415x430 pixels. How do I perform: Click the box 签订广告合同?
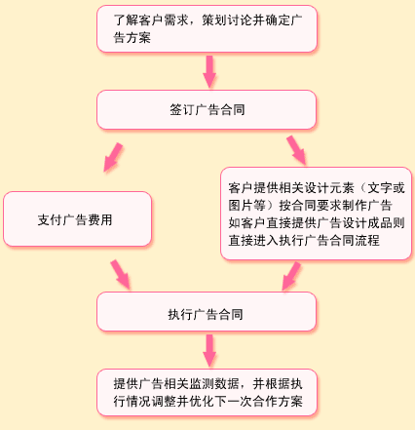207,109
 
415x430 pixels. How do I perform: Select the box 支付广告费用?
77,218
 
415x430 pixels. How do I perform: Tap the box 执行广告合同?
207,311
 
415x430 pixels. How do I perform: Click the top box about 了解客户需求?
207,28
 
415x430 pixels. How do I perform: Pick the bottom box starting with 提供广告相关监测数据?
207,392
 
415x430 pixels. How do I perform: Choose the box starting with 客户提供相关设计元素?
316,214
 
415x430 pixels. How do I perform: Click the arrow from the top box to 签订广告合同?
209,71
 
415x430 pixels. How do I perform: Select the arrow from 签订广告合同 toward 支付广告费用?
113,157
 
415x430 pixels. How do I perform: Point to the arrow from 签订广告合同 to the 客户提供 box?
296,150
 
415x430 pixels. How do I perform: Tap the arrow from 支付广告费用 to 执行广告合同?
121,275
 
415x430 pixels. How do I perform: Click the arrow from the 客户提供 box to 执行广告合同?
291,276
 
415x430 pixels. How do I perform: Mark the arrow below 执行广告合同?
209,350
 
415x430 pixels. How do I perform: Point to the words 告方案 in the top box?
132,37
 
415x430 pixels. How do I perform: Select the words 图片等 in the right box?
246,206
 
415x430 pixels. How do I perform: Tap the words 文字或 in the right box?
386,188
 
